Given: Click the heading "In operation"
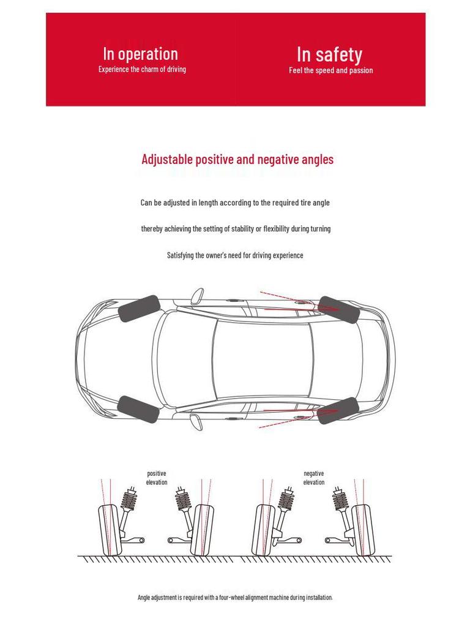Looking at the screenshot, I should (x=140, y=54).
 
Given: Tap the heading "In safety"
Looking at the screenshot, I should (x=329, y=54).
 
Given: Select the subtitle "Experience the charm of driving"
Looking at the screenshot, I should (x=142, y=69).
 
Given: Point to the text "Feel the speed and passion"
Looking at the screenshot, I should (x=330, y=70).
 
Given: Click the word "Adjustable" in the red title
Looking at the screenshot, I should (x=167, y=160).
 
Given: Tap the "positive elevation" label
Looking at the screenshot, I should (x=157, y=478).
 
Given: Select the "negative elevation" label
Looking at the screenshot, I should (x=314, y=478).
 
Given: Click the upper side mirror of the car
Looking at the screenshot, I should (x=196, y=296).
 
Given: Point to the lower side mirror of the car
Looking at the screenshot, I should (x=196, y=422).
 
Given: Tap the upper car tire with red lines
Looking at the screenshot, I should (x=338, y=310).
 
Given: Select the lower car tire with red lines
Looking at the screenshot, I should (x=337, y=410).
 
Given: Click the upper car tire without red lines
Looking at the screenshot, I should (x=139, y=309).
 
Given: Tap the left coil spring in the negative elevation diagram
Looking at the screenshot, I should (x=285, y=499).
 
